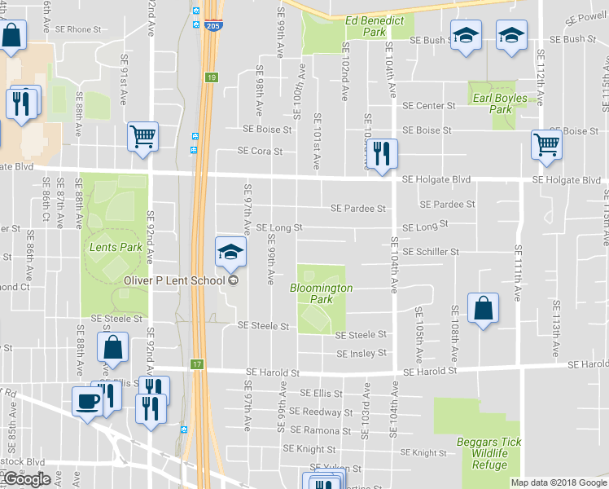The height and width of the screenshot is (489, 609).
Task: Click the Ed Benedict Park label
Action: (x=365, y=26)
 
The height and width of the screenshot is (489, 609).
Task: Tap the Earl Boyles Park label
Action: (x=500, y=104)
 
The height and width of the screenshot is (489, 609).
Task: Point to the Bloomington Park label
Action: (x=322, y=293)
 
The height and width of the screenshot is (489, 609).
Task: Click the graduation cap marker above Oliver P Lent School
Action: (x=230, y=252)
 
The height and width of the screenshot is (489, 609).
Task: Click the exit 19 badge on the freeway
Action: (x=211, y=77)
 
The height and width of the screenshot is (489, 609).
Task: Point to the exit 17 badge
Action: (x=196, y=363)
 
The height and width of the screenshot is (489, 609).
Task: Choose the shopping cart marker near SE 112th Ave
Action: (x=545, y=145)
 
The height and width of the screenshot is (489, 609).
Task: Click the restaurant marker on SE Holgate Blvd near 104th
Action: (x=380, y=153)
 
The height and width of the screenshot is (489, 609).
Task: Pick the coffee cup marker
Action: (x=87, y=401)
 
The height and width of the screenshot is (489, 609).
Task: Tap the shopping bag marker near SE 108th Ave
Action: (x=483, y=309)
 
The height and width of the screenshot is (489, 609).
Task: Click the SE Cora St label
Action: (x=260, y=151)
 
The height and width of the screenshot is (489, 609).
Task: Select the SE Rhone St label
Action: (x=78, y=29)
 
